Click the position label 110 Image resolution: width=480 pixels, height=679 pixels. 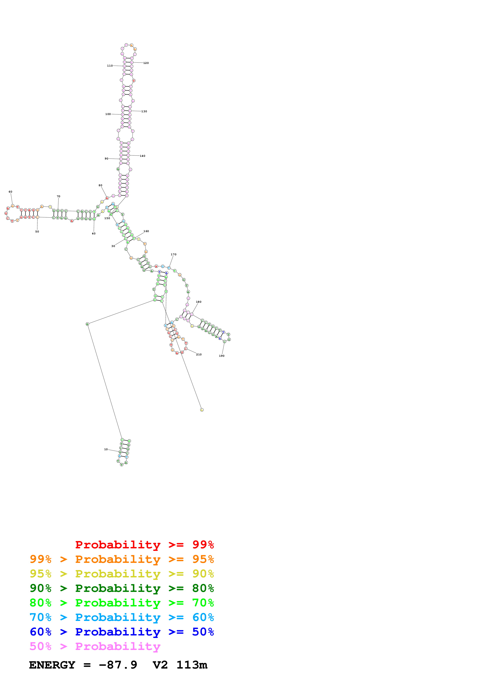110,66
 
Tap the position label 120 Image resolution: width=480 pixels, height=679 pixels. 146,63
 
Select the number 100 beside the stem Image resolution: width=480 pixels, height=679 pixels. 108,114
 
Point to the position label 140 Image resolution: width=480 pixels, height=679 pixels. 143,156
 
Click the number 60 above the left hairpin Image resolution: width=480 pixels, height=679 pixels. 10,192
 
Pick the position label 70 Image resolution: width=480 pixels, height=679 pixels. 58,196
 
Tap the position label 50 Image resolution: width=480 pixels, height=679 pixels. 37,231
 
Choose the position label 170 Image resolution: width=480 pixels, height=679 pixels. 174,254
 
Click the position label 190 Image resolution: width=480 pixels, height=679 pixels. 222,356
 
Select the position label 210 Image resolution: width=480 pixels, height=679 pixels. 199,354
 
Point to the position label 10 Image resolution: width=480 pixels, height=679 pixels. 106,449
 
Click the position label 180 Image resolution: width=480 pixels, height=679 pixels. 199,302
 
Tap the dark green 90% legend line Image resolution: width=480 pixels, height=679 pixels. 122,588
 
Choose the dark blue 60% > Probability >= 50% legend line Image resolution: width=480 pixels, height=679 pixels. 122,632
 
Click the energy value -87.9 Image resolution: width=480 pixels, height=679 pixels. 118,665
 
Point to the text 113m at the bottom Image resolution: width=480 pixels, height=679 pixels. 192,665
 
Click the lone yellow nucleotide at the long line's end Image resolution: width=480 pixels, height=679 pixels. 202,410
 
